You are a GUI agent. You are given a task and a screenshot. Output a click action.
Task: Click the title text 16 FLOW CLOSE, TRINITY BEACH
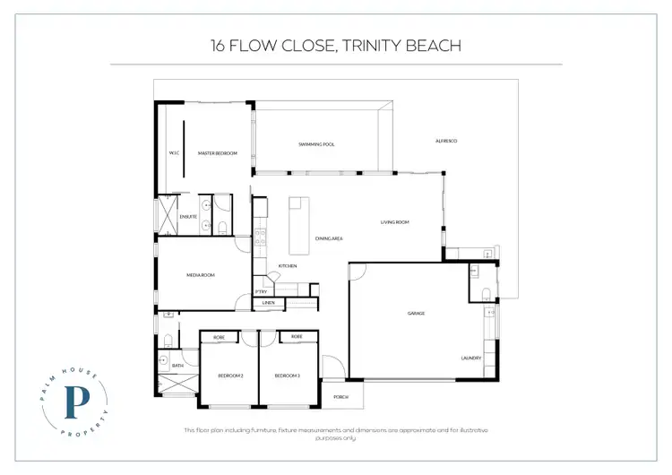(x=336, y=45)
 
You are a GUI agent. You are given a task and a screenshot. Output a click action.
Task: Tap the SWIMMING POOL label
(x=316, y=144)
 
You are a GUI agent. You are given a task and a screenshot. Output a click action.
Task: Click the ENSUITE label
(x=188, y=216)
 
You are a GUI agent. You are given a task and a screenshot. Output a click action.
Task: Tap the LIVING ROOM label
(x=394, y=221)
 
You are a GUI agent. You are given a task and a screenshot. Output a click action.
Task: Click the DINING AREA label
(x=330, y=238)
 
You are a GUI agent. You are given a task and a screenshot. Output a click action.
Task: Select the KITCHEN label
(x=287, y=266)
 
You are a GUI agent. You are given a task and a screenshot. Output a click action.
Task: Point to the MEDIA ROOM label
(x=199, y=275)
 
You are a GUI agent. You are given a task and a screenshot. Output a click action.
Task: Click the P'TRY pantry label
(x=262, y=291)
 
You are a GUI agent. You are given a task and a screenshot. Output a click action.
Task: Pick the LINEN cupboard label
(x=268, y=305)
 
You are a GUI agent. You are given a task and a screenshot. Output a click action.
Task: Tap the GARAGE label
(x=416, y=313)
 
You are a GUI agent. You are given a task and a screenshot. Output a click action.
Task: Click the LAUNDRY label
(x=471, y=358)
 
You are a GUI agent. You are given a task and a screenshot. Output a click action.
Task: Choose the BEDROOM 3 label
(x=287, y=376)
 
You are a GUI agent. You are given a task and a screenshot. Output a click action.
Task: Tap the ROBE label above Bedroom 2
(x=218, y=337)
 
